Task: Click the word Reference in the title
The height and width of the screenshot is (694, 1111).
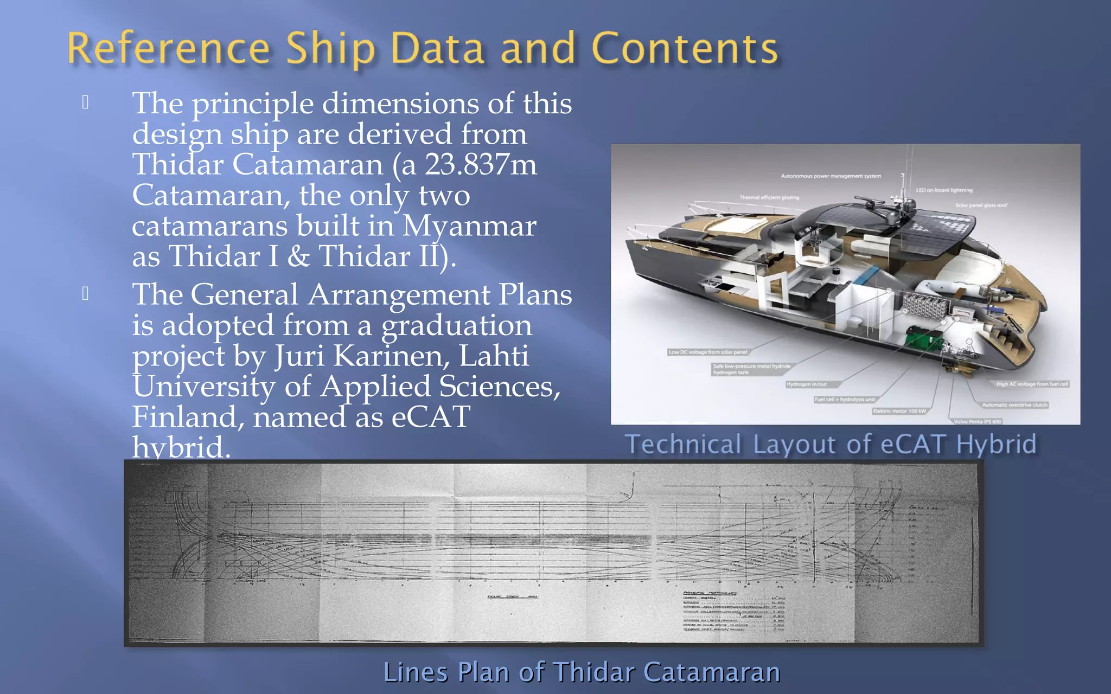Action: [x=169, y=49]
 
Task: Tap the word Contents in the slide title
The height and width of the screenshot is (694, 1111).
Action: [x=685, y=49]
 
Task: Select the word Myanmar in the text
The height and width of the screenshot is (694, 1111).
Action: [x=469, y=226]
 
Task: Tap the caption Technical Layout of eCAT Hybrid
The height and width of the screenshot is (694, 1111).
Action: [x=831, y=444]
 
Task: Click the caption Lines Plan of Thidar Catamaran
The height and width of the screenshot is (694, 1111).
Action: [x=582, y=672]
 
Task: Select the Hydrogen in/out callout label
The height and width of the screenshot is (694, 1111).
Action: [x=807, y=384]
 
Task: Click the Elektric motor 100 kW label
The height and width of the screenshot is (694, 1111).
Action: [x=899, y=411]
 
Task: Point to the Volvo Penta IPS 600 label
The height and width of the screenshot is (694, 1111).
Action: [x=978, y=421]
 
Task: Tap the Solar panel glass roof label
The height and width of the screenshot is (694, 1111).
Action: [x=981, y=205]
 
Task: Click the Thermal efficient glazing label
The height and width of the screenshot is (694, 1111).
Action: [x=769, y=197]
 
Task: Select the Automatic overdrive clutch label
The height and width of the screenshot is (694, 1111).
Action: [x=1014, y=405]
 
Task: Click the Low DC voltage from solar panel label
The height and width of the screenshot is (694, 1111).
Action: [x=708, y=352]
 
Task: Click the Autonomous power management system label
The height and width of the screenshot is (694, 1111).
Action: [x=831, y=176]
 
